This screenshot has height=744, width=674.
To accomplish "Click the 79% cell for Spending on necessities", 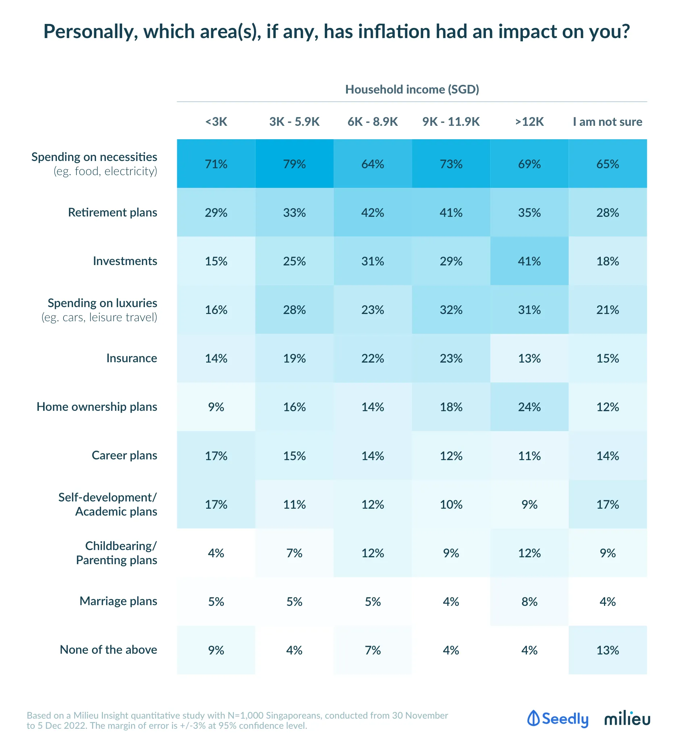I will pyautogui.click(x=294, y=164).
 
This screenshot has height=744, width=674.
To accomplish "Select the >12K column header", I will pyautogui.click(x=529, y=122).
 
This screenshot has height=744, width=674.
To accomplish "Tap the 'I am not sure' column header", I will pyautogui.click(x=607, y=122).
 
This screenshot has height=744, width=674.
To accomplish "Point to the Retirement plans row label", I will pyautogui.click(x=113, y=212).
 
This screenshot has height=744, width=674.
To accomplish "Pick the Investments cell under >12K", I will pyautogui.click(x=529, y=261).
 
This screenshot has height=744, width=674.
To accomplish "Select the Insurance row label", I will pyautogui.click(x=131, y=358).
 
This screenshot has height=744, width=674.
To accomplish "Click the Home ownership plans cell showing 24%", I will pyautogui.click(x=529, y=407).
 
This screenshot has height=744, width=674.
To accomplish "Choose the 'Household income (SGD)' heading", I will pyautogui.click(x=412, y=90).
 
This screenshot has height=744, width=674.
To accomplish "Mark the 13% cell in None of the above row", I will pyautogui.click(x=607, y=650).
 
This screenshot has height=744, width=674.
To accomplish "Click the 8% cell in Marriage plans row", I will pyautogui.click(x=529, y=602).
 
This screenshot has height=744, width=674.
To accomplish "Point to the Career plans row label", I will pyautogui.click(x=124, y=455).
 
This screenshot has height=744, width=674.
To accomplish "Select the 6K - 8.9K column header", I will pyautogui.click(x=373, y=122).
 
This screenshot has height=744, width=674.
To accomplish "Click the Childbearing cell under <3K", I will pyautogui.click(x=216, y=553).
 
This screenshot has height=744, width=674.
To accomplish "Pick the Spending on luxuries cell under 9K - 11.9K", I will pyautogui.click(x=451, y=310).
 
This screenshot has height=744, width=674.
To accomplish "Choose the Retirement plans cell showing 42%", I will pyautogui.click(x=373, y=212).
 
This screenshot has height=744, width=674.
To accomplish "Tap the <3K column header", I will pyautogui.click(x=216, y=122).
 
